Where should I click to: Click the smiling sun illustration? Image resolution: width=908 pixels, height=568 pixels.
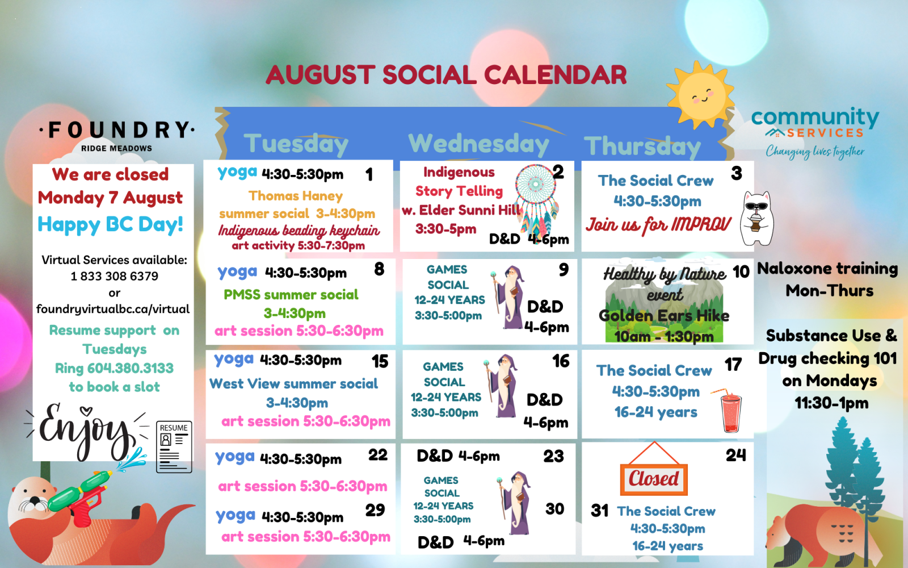tap(701, 95)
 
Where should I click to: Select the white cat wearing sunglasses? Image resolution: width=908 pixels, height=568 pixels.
tap(756, 219)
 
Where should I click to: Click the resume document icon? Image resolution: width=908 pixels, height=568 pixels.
tap(174, 446)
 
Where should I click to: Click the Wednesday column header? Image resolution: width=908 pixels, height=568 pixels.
tap(478, 144)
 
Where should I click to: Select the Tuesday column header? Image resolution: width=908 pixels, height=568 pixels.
tap(296, 144)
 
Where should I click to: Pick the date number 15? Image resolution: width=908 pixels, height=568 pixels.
tap(380, 361)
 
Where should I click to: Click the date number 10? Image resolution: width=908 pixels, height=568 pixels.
tap(741, 272)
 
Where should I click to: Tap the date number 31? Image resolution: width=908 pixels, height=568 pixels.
tap(599, 511)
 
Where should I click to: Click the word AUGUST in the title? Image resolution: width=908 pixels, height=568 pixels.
tap(320, 75)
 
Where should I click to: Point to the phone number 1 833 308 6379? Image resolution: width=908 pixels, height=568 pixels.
tap(114, 276)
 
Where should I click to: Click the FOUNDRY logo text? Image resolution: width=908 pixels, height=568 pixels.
tap(117, 130)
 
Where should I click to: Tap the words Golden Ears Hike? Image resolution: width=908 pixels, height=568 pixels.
tap(664, 316)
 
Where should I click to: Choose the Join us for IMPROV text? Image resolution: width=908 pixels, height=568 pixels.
tap(658, 225)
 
